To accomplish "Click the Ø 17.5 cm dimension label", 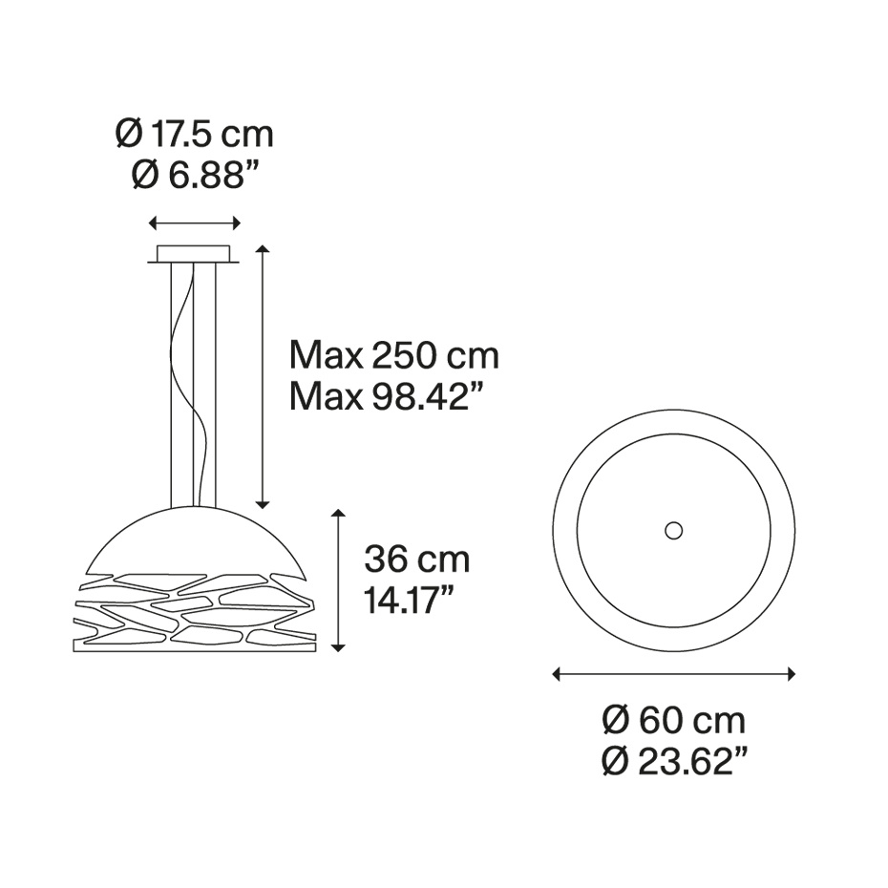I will click(x=195, y=135).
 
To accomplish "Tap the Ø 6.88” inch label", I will click(x=195, y=175).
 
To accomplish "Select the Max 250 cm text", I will click(x=394, y=356).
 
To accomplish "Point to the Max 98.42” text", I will click(x=394, y=395).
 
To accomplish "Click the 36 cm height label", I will click(x=416, y=560).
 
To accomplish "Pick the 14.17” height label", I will click(x=409, y=601).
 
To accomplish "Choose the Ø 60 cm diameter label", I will click(x=674, y=719).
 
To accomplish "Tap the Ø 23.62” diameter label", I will click(x=674, y=760).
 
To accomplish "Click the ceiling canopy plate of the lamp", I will click(x=195, y=254).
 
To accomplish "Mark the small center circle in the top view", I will click(x=674, y=529).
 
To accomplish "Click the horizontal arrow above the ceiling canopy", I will click(x=195, y=222).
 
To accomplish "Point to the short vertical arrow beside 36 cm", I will click(x=337, y=581).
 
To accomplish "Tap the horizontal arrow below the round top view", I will click(x=674, y=674).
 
